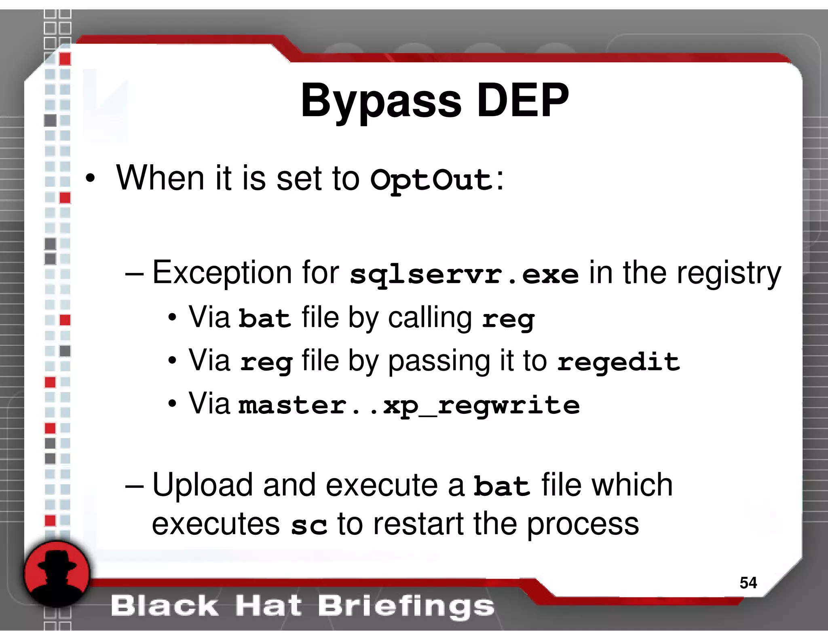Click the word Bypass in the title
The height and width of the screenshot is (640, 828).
[x=380, y=101]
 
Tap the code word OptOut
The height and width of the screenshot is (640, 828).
[x=431, y=180]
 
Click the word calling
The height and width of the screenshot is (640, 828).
[x=430, y=318]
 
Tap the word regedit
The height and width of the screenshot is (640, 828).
[x=618, y=361]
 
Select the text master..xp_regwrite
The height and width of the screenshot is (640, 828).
[x=409, y=405]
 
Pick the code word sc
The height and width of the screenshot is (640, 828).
[x=309, y=525]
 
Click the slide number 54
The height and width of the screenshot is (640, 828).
[x=748, y=583]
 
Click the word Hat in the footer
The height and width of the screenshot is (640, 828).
[x=268, y=606]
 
